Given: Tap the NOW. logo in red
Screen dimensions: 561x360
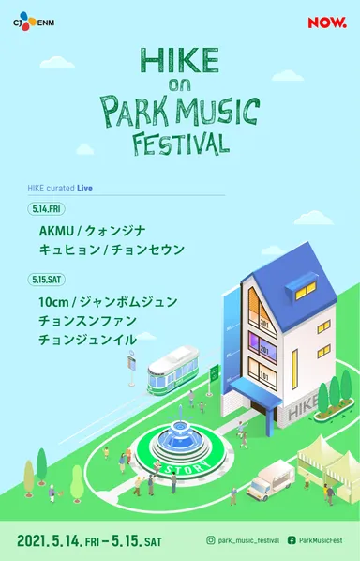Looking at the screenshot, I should click(x=327, y=21).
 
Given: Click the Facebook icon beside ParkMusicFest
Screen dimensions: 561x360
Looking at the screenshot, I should click(x=292, y=540).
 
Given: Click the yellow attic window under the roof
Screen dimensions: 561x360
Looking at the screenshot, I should click(x=307, y=292).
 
